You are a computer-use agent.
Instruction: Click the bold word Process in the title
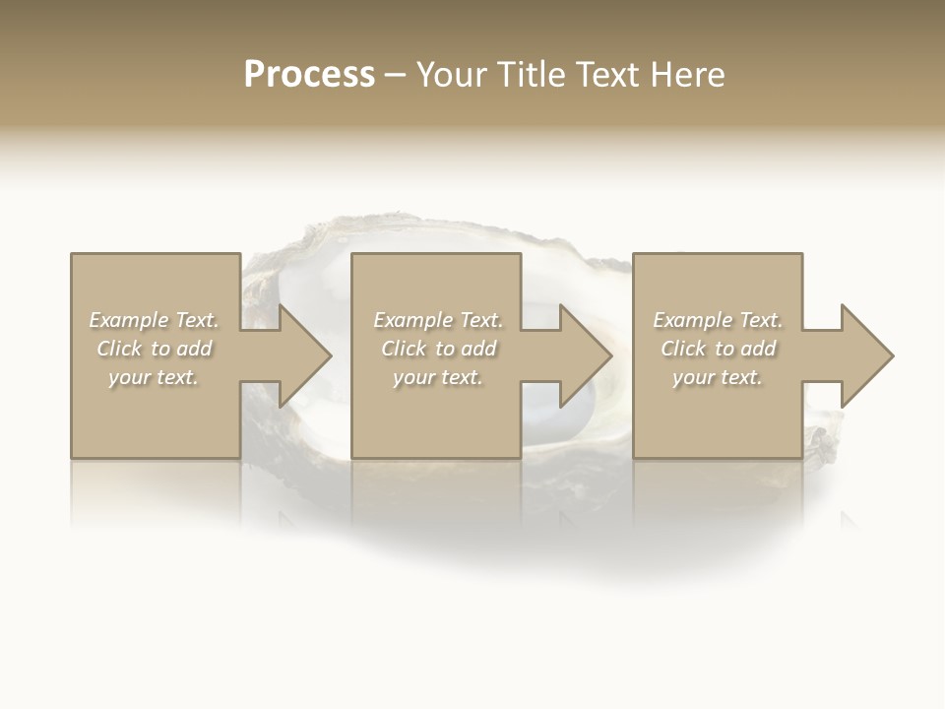point(309,75)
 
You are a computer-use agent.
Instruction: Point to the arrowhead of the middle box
point(584,355)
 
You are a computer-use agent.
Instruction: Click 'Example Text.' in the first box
point(154,320)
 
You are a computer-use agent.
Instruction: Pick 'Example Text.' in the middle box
point(438,320)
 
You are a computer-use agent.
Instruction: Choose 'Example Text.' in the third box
point(718,320)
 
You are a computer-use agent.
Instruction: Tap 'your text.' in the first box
point(154,377)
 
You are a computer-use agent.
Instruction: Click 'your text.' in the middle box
point(438,377)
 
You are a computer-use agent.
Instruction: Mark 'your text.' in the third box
point(718,377)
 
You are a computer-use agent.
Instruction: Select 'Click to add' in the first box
point(154,349)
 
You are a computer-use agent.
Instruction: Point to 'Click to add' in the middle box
point(438,349)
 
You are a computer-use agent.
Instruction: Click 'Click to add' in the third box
point(718,349)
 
